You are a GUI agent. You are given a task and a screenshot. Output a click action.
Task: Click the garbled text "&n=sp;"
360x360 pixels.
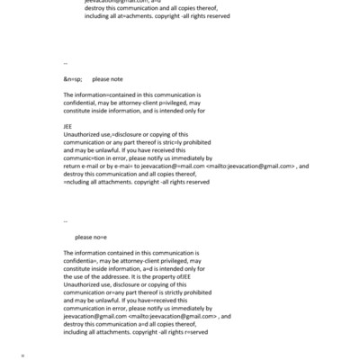[73, 79]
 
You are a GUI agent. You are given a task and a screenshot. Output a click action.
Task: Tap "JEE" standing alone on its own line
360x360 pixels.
[68, 127]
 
